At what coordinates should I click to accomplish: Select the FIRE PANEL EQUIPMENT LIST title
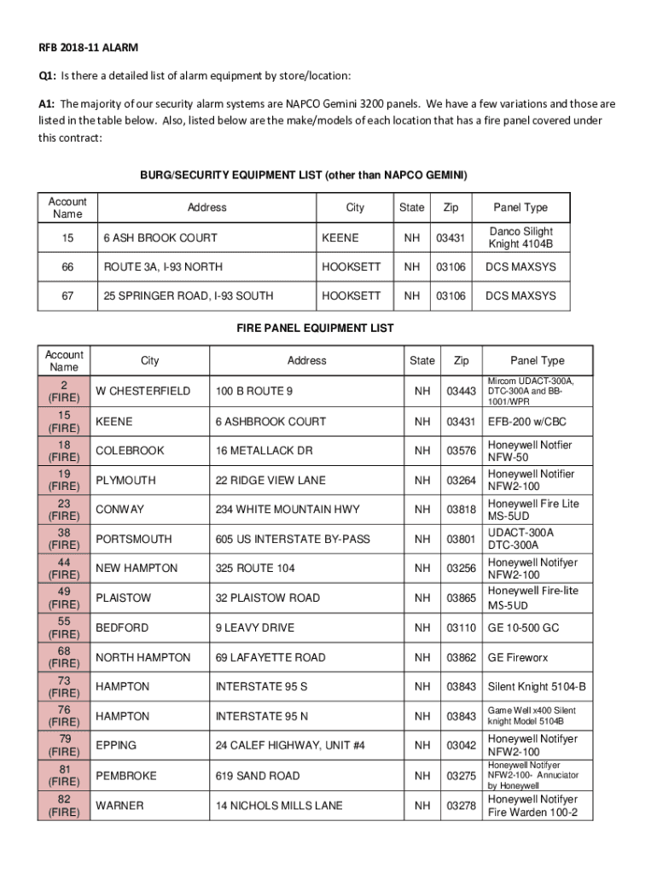click(x=315, y=329)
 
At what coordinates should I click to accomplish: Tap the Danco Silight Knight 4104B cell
click(x=520, y=237)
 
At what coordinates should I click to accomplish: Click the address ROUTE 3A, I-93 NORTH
click(x=163, y=267)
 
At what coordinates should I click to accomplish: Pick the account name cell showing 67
click(x=67, y=296)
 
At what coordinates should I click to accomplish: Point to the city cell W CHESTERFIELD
click(x=143, y=392)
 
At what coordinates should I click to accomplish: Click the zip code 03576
click(x=461, y=451)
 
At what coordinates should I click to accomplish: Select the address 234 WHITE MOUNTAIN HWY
click(x=288, y=510)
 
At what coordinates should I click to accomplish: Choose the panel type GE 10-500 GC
click(x=523, y=628)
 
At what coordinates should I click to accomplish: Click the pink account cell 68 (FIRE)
click(x=65, y=657)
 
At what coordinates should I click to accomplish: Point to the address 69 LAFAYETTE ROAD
click(x=270, y=658)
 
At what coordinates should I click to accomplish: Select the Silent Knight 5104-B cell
click(x=537, y=687)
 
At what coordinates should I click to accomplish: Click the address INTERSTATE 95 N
click(x=262, y=716)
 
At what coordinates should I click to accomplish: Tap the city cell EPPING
click(x=116, y=745)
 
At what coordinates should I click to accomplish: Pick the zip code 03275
click(x=461, y=776)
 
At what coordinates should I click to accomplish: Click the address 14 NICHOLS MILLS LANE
click(x=279, y=806)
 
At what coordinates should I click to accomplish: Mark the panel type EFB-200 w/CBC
click(x=526, y=422)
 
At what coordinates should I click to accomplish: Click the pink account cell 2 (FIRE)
click(x=65, y=391)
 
